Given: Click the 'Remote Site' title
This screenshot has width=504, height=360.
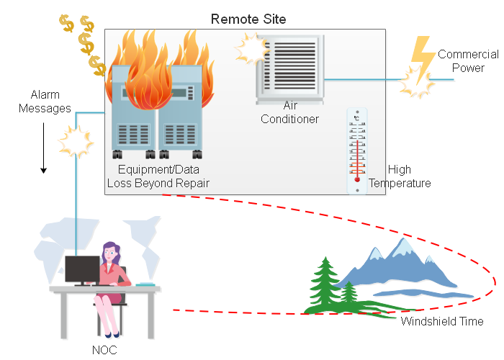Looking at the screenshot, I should pyautogui.click(x=248, y=19).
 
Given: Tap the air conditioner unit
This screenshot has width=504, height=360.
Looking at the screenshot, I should pyautogui.click(x=289, y=69).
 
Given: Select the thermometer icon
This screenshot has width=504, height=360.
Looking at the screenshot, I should pyautogui.click(x=356, y=151).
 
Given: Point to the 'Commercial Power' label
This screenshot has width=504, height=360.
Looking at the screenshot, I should pyautogui.click(x=468, y=61).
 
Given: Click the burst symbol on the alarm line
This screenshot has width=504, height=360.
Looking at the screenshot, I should pyautogui.click(x=76, y=140).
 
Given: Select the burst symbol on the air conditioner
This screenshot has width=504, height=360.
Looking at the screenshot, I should pyautogui.click(x=251, y=48).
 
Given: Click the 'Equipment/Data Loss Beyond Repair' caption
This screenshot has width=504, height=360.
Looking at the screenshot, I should pyautogui.click(x=158, y=177).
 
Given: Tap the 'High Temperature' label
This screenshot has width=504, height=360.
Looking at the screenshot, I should pyautogui.click(x=400, y=176).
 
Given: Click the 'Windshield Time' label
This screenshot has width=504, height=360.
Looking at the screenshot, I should pyautogui.click(x=441, y=321).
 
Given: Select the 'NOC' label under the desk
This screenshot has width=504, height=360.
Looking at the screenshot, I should pyautogui.click(x=104, y=351).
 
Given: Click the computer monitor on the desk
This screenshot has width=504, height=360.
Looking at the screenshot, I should pyautogui.click(x=81, y=270).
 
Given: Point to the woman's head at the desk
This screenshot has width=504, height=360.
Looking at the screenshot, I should pyautogui.click(x=112, y=251).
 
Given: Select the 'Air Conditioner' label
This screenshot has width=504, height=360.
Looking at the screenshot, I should pyautogui.click(x=289, y=112).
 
